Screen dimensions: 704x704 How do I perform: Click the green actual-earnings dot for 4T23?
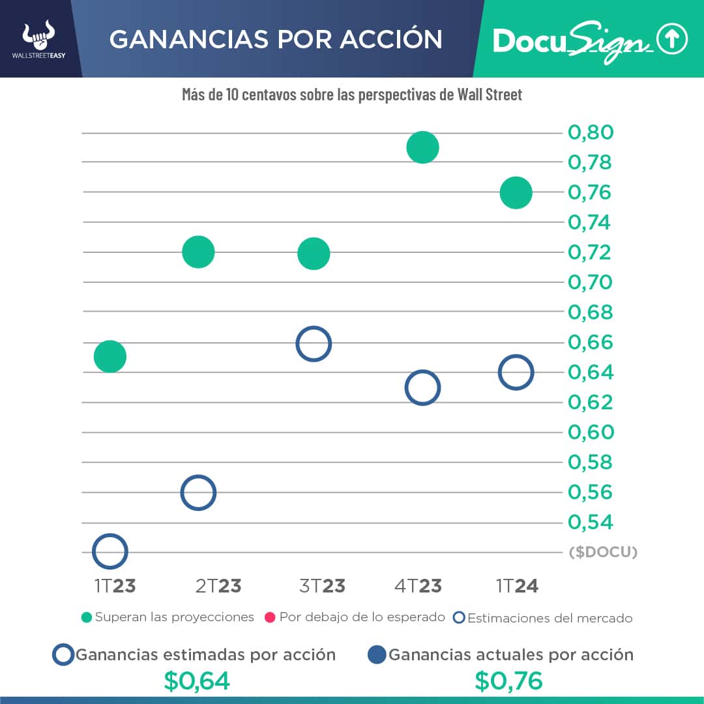tap(422, 147)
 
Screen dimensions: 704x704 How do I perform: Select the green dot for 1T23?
tap(110, 357)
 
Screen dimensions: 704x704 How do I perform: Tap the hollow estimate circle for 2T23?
tap(198, 493)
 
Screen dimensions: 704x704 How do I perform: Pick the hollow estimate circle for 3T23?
tap(314, 344)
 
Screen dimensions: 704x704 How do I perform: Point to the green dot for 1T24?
tap(516, 193)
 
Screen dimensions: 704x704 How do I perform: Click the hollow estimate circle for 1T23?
tap(110, 551)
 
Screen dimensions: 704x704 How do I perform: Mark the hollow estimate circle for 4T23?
tap(422, 389)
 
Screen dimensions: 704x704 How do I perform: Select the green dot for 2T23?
tap(198, 252)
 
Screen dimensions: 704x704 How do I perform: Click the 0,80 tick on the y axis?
tap(591, 133)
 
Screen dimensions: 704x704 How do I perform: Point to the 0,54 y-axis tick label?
tap(591, 522)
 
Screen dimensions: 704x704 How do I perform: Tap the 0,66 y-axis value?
tap(591, 342)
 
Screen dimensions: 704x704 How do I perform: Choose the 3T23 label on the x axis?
tap(322, 586)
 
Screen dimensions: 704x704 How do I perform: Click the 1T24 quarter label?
tap(517, 586)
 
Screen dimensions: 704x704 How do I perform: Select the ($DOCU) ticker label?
tap(603, 552)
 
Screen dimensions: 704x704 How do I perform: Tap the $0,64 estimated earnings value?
tap(197, 681)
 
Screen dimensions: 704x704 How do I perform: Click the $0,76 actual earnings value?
tap(508, 681)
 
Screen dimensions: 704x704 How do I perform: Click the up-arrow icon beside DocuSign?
tap(672, 40)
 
